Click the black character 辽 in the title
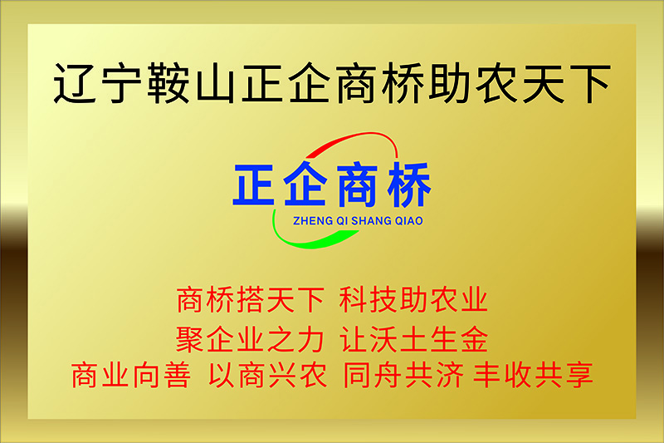point(76,83)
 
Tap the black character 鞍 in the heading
point(168,83)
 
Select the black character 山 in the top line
point(216,84)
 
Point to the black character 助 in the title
point(450,83)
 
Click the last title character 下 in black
point(589,83)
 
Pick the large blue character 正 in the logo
point(255,185)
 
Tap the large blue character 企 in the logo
point(305,184)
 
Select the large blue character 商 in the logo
point(357,185)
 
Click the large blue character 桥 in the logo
point(408,185)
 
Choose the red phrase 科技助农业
point(413,300)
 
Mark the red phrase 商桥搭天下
point(251,300)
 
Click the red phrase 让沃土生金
point(413,339)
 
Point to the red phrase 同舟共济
point(403,375)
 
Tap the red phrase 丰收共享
point(533,375)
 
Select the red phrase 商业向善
point(131,375)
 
